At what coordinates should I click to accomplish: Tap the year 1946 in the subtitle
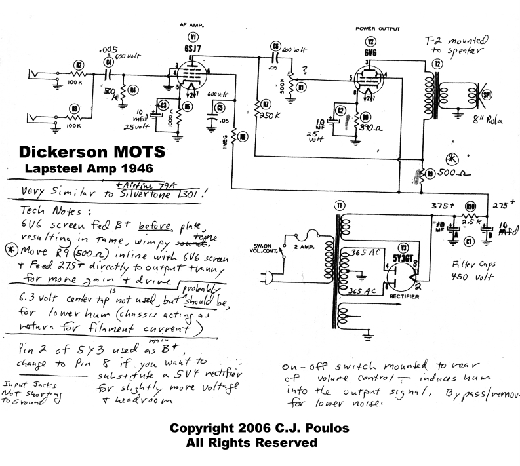coord(150,168)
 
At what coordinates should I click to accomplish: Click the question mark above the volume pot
coord(304,70)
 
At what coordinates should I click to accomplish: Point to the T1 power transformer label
coord(340,207)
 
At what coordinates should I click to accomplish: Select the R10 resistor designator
coord(470,206)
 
